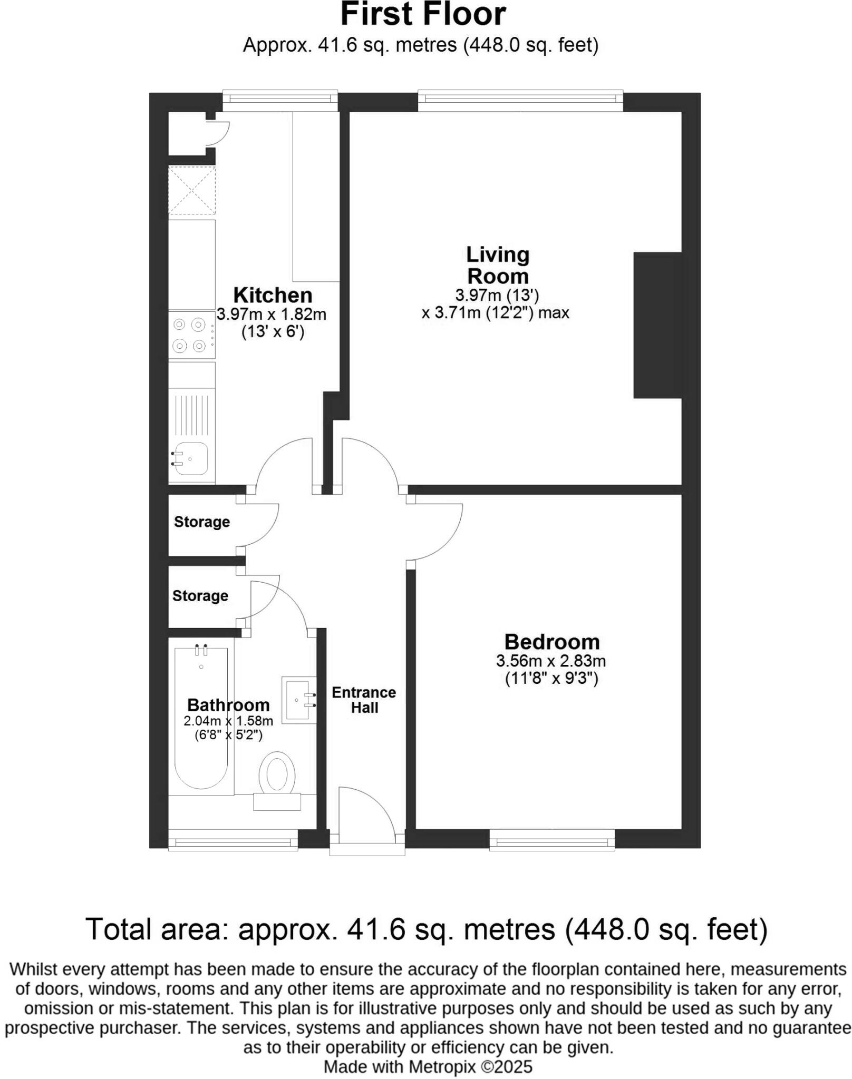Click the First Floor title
click(423, 15)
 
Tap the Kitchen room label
click(273, 295)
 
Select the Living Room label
click(497, 266)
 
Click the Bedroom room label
click(551, 642)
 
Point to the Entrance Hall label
click(364, 700)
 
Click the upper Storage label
click(202, 522)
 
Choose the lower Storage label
click(200, 596)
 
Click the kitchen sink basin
click(191, 458)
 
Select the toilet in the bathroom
click(277, 777)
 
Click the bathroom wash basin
click(298, 700)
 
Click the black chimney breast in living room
click(657, 325)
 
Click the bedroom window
click(551, 840)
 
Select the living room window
click(520, 100)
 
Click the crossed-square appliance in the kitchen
click(192, 190)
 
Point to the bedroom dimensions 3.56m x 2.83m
click(550, 661)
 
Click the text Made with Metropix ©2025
click(428, 1067)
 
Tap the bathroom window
click(233, 840)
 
